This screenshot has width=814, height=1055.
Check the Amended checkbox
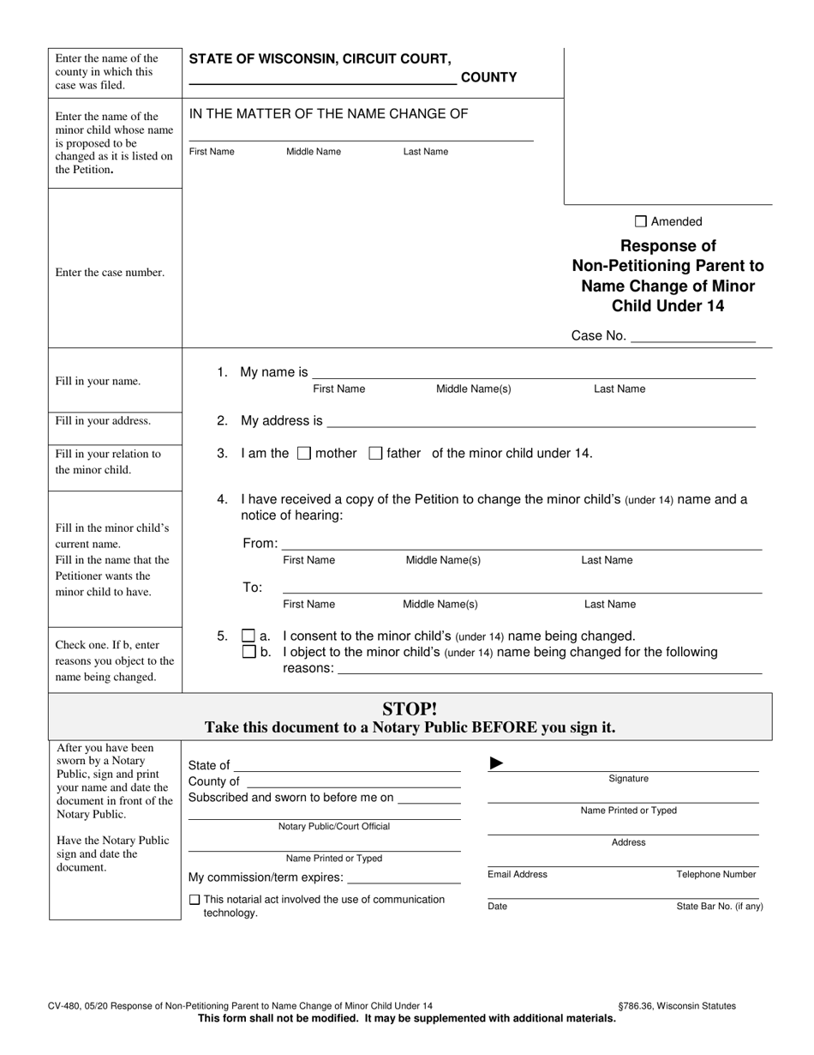click(x=641, y=221)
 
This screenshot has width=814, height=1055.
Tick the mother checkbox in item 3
click(x=303, y=454)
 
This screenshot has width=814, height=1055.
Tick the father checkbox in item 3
click(x=374, y=454)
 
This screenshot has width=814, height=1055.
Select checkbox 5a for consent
click(x=248, y=636)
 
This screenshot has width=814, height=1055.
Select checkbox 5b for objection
click(x=248, y=652)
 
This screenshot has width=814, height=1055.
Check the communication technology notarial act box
click(x=194, y=900)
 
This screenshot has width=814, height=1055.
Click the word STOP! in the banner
click(x=410, y=709)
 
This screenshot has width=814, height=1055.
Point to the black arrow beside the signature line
click(x=496, y=763)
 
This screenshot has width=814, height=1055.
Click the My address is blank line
click(x=541, y=421)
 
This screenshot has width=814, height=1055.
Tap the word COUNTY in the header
click(x=489, y=77)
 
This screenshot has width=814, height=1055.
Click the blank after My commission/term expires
click(x=404, y=878)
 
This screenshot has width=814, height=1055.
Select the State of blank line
click(x=347, y=766)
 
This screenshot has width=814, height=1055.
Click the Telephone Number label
click(x=716, y=875)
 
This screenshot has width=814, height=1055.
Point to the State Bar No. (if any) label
click(x=720, y=907)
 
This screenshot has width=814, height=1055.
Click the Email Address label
click(x=518, y=875)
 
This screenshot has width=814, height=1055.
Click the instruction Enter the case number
click(x=110, y=273)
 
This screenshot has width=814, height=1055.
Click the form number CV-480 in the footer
click(x=63, y=1006)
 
